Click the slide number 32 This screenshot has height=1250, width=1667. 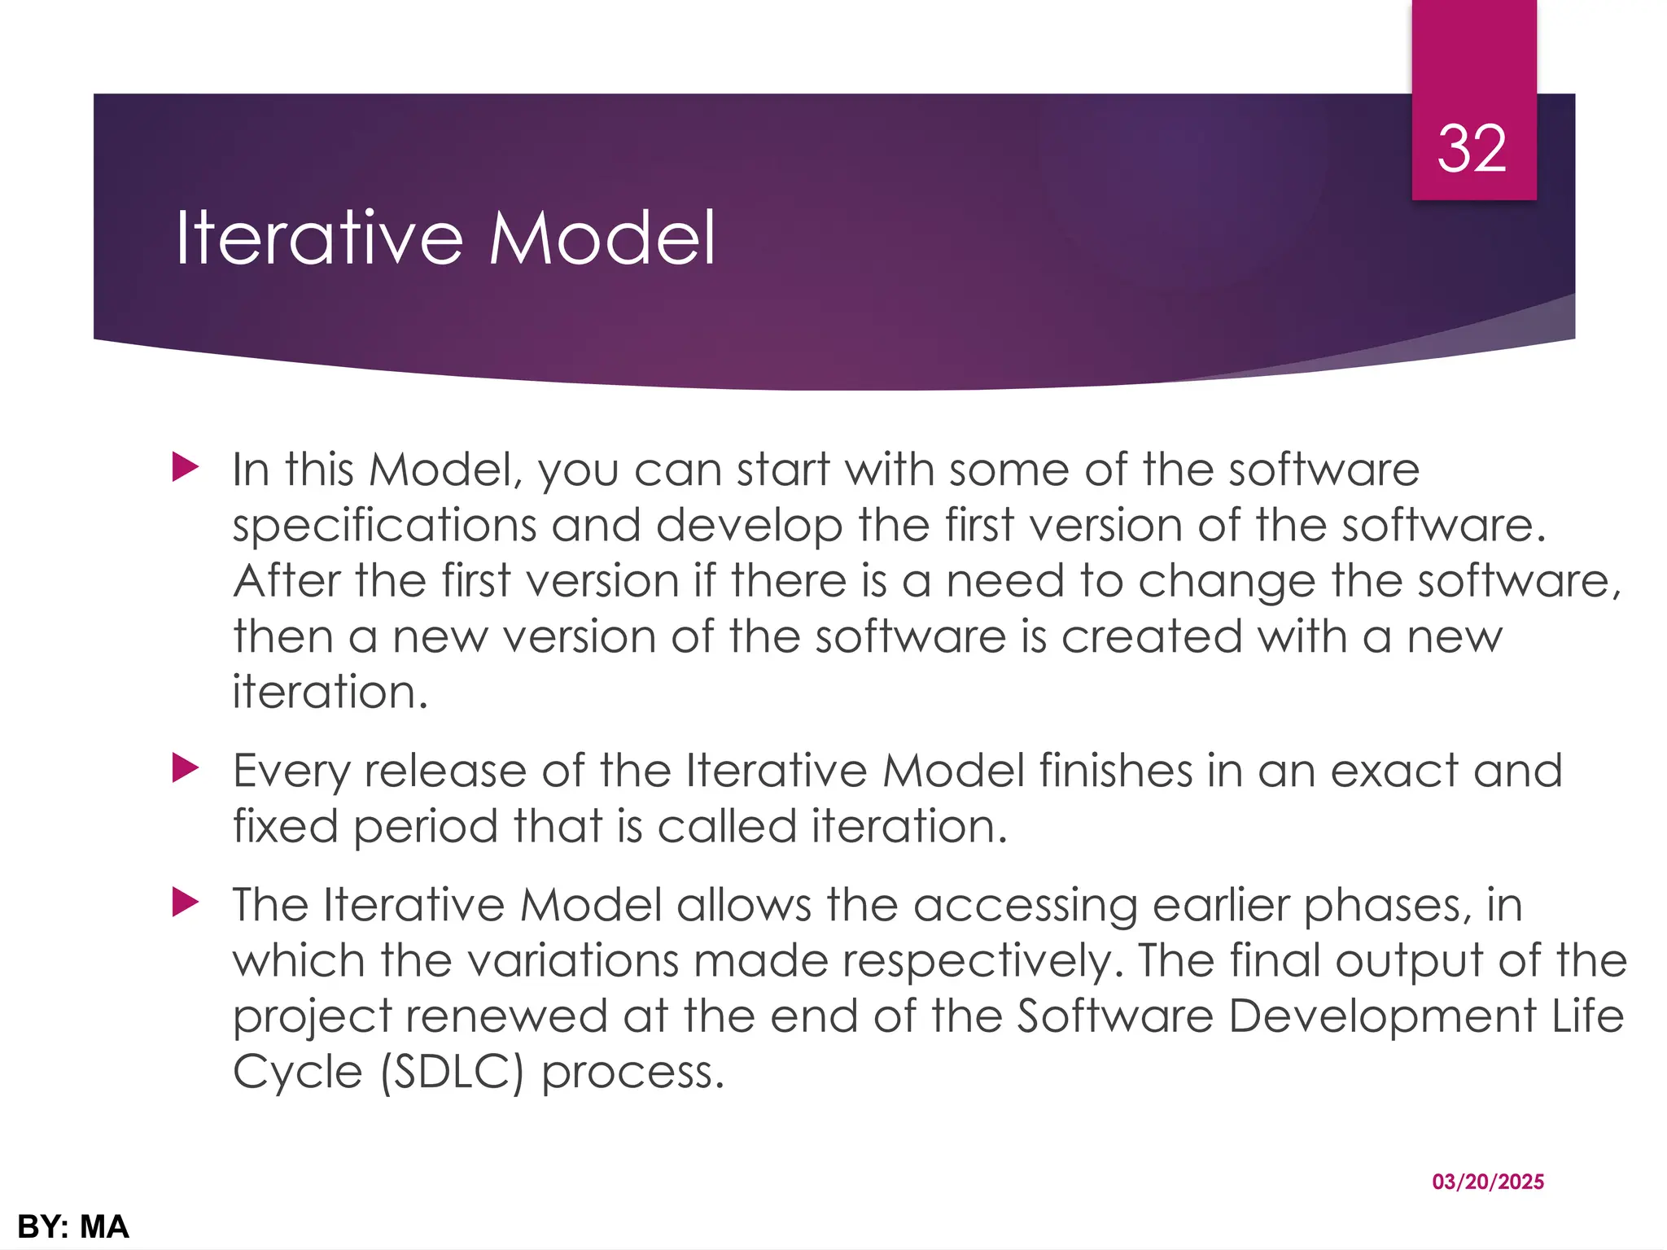(1472, 150)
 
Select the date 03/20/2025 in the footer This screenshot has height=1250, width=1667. (1488, 1182)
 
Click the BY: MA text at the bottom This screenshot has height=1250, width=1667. (73, 1226)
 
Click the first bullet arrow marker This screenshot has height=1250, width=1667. (186, 468)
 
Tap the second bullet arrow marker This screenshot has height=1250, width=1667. (186, 768)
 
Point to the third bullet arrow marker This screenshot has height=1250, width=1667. (186, 903)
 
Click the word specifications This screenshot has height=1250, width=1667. (384, 527)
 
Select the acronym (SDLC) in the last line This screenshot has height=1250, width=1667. (453, 1072)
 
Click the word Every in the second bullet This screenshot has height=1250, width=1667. (291, 771)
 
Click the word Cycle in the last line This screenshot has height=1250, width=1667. (297, 1072)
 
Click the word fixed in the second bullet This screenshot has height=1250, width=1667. (285, 826)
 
